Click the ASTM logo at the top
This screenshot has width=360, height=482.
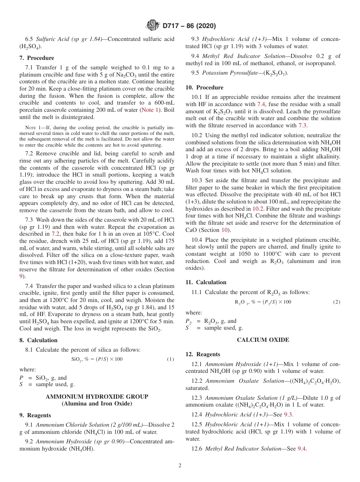pos(152,26)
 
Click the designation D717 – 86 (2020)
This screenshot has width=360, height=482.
pos(189,26)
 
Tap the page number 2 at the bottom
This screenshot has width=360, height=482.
pos(180,466)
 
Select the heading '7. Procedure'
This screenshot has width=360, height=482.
pos(37,58)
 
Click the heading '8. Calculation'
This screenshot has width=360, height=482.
pos(38,340)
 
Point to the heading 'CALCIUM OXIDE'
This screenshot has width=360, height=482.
pos(263,340)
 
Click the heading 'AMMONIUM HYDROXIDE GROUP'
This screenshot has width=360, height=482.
pos(97,396)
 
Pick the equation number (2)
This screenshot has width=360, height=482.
pos(337,302)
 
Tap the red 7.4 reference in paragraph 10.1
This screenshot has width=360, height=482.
pos(261,104)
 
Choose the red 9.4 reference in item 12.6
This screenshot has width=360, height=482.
pos(302,449)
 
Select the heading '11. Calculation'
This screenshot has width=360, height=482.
pos(206,282)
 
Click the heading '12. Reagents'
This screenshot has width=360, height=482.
pos(203,354)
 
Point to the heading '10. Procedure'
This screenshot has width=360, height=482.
pos(204,88)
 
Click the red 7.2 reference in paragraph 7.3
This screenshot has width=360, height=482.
pos(56,234)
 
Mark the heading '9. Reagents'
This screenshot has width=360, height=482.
pos(35,415)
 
